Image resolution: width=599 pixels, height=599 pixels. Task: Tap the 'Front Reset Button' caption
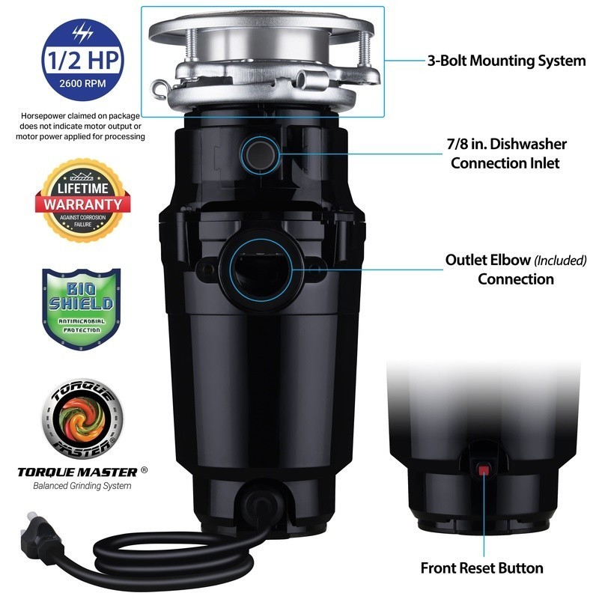481,568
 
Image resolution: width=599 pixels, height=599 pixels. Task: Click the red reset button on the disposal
484,470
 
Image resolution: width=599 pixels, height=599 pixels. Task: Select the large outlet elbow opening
260,266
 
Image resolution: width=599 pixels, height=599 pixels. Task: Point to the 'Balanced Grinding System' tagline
82,486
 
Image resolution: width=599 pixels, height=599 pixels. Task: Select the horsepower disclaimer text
82,127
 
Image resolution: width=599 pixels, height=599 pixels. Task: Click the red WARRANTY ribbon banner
82,203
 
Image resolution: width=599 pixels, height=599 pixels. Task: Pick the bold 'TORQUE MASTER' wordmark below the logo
77,472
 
